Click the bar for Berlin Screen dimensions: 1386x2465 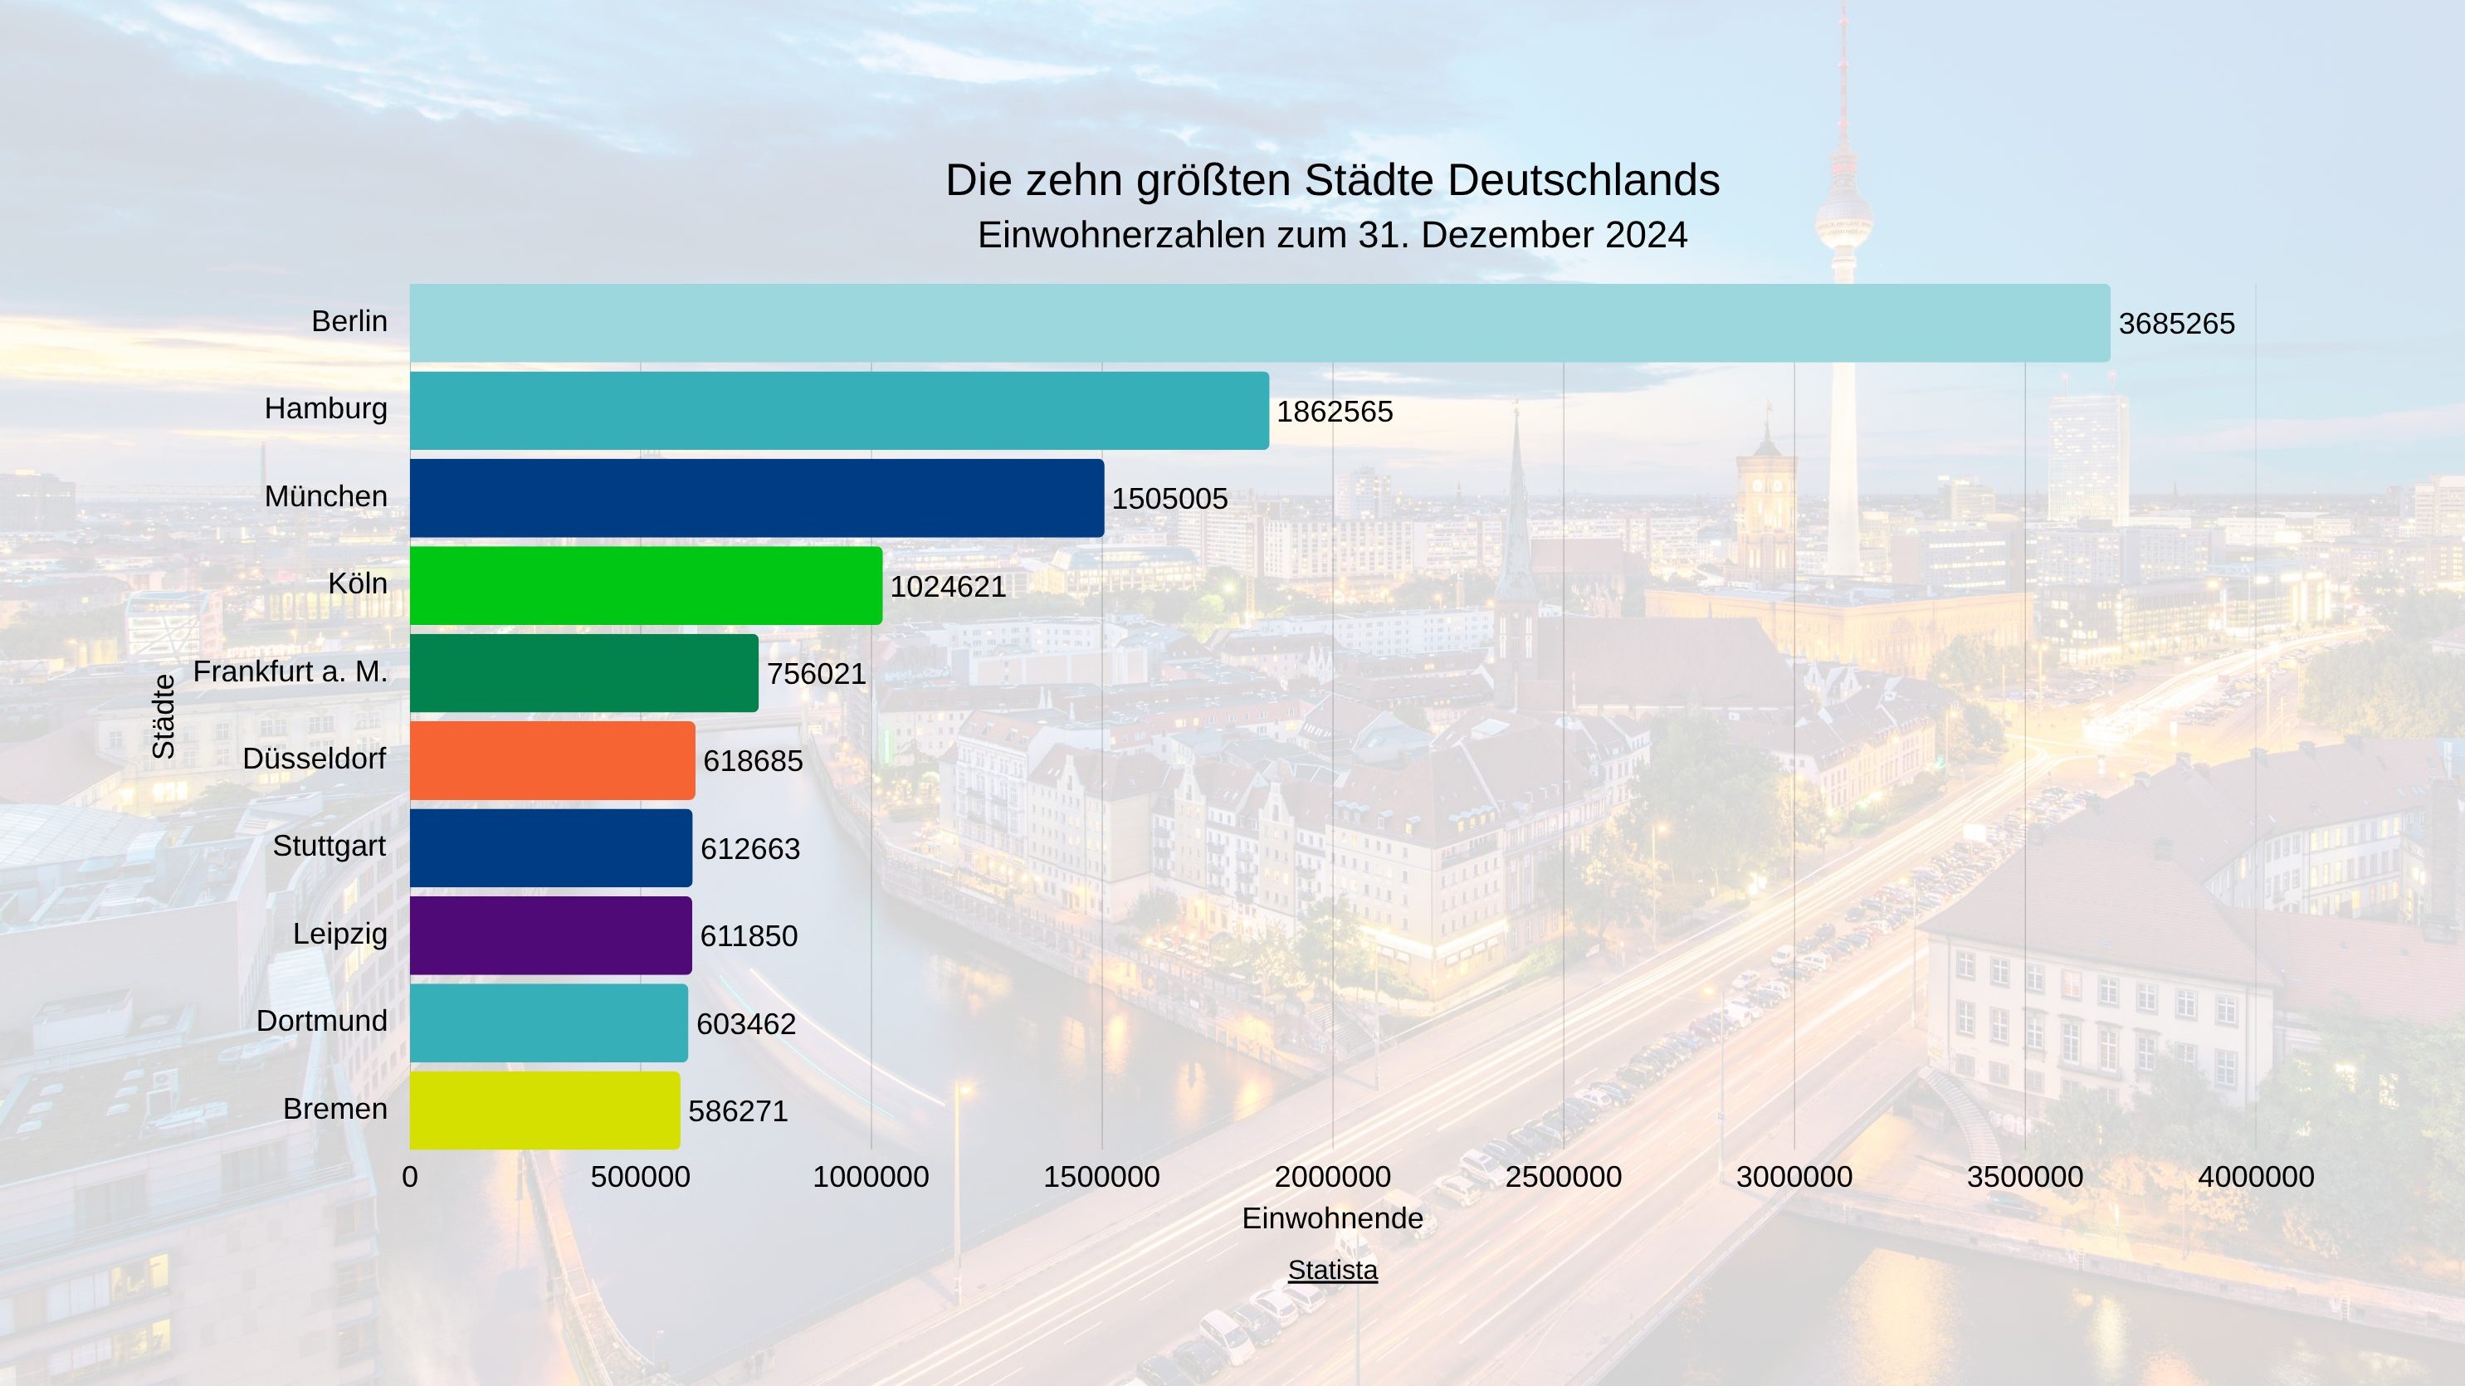tap(1259, 323)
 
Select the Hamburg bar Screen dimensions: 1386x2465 tap(839, 411)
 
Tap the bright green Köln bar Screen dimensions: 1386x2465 tap(646, 586)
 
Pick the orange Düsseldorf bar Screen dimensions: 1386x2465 tap(552, 761)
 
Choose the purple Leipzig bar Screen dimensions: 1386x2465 tap(550, 935)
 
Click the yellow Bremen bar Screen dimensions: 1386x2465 tap(544, 1110)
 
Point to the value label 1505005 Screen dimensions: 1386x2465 tap(1169, 499)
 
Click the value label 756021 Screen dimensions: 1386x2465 tap(816, 674)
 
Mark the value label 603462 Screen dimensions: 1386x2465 tap(745, 1024)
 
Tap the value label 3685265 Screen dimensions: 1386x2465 tap(2176, 324)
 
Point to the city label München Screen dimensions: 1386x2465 tap(325, 495)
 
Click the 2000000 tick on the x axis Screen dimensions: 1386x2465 tap(1332, 1176)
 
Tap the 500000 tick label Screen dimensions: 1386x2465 tap(640, 1176)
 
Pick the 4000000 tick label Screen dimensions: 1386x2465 tap(2256, 1176)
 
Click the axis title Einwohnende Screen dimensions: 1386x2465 tap(1332, 1218)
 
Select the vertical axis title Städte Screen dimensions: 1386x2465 tap(164, 716)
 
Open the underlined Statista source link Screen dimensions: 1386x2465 tap(1332, 1270)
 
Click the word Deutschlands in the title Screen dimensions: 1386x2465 tap(1583, 180)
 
